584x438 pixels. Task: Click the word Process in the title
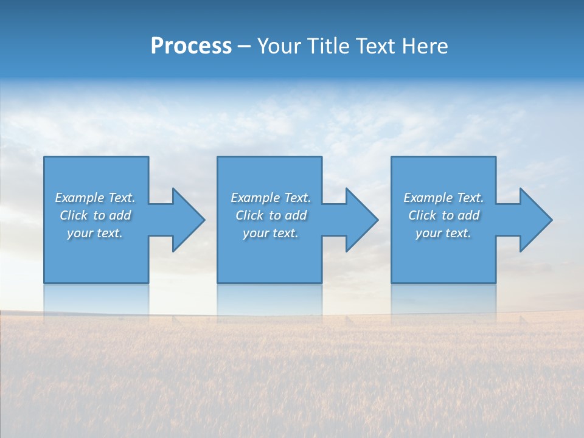[x=191, y=46]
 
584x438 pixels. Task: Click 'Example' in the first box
[x=80, y=198]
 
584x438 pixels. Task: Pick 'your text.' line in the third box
[x=443, y=233]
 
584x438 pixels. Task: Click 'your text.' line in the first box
[x=95, y=233]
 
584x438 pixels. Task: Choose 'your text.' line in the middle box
[x=271, y=233]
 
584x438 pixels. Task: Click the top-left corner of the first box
[x=44, y=158]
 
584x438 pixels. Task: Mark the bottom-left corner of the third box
[x=392, y=282]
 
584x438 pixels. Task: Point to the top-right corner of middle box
[x=321, y=158]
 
